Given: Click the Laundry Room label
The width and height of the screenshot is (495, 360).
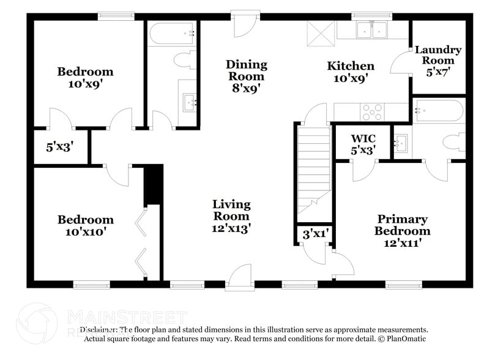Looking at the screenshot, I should (438, 60).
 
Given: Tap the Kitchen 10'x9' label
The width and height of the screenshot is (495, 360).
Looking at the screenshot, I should (351, 72).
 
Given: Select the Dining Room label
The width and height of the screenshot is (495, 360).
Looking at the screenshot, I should (247, 76).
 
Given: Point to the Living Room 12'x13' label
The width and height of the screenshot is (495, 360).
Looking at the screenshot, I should (231, 216).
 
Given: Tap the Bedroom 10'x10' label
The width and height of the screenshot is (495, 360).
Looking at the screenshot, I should (85, 225).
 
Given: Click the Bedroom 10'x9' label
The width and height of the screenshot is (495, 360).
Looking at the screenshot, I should (85, 78).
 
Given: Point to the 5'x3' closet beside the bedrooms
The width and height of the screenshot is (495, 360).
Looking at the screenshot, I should (59, 147).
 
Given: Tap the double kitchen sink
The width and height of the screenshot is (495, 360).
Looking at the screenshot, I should (372, 29).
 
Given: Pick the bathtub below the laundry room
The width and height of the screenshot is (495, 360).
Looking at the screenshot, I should (438, 111).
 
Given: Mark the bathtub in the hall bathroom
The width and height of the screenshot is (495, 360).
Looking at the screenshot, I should (172, 32).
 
